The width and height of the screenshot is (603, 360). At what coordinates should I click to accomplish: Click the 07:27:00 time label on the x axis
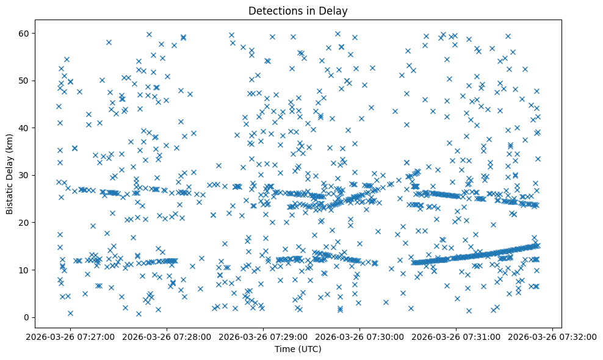pyautogui.click(x=71, y=337)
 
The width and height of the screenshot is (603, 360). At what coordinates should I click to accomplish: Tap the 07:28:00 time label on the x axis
pyautogui.click(x=167, y=337)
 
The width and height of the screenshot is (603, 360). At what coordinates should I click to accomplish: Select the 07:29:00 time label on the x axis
pyautogui.click(x=264, y=337)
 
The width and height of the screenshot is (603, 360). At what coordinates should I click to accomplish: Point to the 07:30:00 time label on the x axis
pyautogui.click(x=360, y=337)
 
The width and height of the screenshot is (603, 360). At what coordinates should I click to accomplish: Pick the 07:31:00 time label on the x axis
pyautogui.click(x=457, y=337)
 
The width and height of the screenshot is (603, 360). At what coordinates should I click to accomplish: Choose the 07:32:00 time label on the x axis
pyautogui.click(x=553, y=337)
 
